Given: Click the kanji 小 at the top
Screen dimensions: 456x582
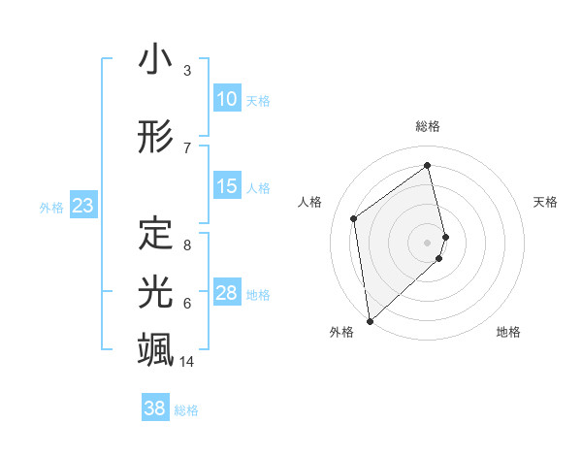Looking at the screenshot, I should pyautogui.click(x=155, y=60).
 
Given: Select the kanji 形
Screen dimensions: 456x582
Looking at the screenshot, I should pyautogui.click(x=155, y=137).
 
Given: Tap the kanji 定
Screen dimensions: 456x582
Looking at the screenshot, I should pyautogui.click(x=155, y=233).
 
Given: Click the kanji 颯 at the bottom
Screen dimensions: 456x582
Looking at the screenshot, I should pyautogui.click(x=155, y=347).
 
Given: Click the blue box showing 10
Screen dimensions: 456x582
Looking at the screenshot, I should pyautogui.click(x=226, y=99).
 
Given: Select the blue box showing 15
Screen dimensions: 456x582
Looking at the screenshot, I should pyautogui.click(x=226, y=186).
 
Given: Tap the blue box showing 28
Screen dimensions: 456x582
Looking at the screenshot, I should pyautogui.click(x=226, y=293).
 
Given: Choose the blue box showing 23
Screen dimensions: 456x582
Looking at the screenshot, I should pyautogui.click(x=82, y=206).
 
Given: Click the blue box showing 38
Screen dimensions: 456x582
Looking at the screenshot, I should pyautogui.click(x=154, y=408).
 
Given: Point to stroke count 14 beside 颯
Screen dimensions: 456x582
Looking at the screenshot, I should pyautogui.click(x=187, y=362).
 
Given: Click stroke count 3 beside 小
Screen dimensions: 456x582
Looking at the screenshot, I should pyautogui.click(x=187, y=71).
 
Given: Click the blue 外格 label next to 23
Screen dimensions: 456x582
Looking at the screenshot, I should pyautogui.click(x=51, y=207).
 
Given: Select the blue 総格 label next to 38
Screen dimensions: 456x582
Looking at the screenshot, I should pyautogui.click(x=186, y=410).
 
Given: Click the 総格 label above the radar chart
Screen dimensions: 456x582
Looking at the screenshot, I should pyautogui.click(x=428, y=126).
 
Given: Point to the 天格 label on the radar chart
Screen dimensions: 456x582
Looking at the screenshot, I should pyautogui.click(x=546, y=202).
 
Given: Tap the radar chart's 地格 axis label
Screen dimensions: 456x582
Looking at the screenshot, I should pyautogui.click(x=508, y=332).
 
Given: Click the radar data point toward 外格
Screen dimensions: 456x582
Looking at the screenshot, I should pyautogui.click(x=369, y=320).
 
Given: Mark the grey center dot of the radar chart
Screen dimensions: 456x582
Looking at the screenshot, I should pyautogui.click(x=428, y=242).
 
